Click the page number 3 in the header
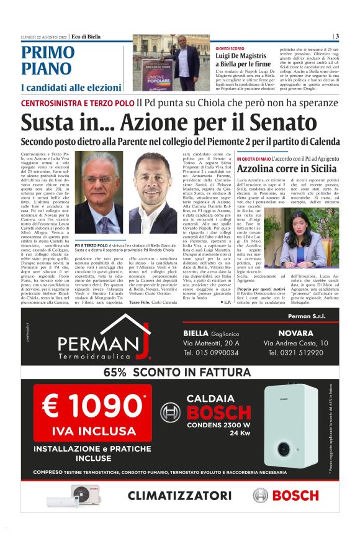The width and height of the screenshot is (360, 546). tap(336, 37)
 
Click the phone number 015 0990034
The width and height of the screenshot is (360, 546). tap(211, 353)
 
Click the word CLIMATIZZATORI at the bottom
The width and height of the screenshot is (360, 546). tap(184, 495)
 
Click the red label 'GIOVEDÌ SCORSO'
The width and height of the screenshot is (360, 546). tap(229, 48)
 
